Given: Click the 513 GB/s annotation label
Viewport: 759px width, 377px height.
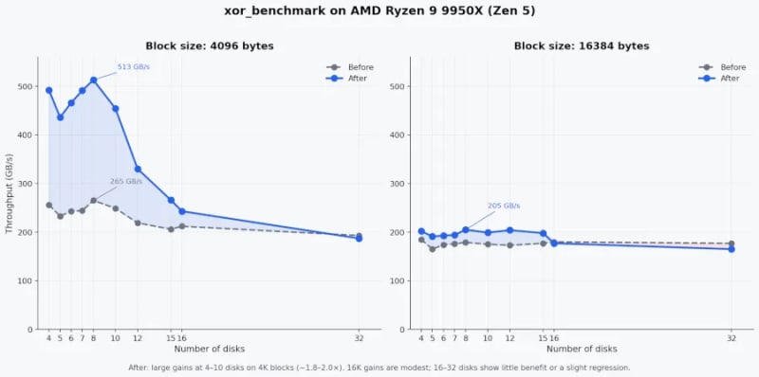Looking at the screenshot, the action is coord(134,66).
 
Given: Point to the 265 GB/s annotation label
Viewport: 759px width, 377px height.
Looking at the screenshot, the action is coord(126,182).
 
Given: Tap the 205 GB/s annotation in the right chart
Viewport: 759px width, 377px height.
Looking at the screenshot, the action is coord(504,206).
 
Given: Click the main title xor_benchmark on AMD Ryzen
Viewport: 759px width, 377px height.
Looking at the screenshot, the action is coord(379,11).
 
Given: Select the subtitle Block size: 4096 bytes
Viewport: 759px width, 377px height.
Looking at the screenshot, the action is coord(210,46).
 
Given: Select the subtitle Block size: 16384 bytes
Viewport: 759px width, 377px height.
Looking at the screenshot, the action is coord(582,46).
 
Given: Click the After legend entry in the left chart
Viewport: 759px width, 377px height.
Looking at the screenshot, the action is coord(347,79).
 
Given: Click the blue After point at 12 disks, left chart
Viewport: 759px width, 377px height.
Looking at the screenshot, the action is coord(138,170).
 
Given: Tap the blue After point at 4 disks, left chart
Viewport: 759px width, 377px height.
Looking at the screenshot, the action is coord(49,90).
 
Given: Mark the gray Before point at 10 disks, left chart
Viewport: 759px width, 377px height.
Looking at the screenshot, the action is coord(115,208).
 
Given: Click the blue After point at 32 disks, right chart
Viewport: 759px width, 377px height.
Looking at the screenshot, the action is coord(731,249).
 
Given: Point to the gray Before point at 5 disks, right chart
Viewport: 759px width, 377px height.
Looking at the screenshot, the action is coord(433,249).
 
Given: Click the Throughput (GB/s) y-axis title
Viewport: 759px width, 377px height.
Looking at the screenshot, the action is coord(9,193).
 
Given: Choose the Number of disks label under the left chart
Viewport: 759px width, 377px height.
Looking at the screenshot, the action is coord(209,349).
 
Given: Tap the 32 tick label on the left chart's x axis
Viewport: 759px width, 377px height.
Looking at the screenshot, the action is coord(359,338).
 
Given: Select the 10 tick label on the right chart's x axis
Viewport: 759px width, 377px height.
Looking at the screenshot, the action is coord(488,338).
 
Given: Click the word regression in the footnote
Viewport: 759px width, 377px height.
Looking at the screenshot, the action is coord(611,368).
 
